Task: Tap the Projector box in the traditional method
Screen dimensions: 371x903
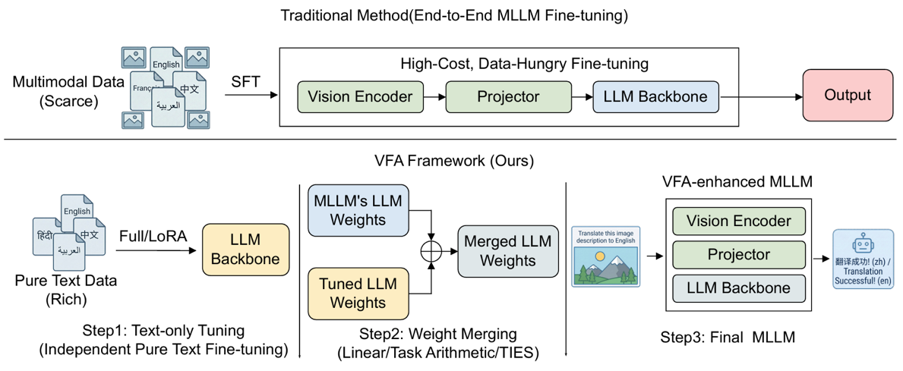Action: click(507, 96)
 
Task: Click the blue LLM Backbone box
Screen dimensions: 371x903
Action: click(655, 96)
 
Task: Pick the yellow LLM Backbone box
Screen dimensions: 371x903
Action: click(245, 250)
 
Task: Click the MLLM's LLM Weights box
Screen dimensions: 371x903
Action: click(358, 210)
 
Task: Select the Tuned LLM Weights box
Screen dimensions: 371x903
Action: click(358, 293)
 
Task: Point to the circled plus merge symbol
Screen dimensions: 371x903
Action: click(431, 250)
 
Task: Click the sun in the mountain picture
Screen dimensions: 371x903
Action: click(601, 258)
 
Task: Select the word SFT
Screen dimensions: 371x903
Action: click(246, 81)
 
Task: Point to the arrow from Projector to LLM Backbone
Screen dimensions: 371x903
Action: click(582, 97)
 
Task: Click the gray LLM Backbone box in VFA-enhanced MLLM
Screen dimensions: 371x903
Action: click(738, 288)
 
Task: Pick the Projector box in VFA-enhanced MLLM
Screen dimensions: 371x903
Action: click(738, 255)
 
